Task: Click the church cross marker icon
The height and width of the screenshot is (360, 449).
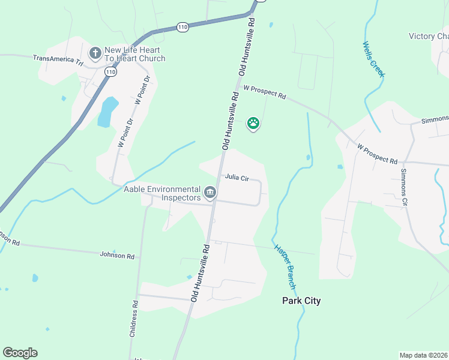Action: [95, 53]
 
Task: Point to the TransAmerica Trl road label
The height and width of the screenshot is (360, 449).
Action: [58, 59]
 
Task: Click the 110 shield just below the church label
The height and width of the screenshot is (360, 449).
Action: [110, 71]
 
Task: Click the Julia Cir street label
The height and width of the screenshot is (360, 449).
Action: [237, 177]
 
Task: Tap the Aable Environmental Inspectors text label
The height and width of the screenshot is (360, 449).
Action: [161, 193]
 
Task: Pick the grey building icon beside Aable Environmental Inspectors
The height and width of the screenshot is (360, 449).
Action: [210, 193]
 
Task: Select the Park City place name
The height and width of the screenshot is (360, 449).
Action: [301, 301]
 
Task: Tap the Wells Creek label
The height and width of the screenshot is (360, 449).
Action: [373, 59]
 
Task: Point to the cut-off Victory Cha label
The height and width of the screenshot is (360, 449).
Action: [429, 36]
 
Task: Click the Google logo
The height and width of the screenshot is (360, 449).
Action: [20, 353]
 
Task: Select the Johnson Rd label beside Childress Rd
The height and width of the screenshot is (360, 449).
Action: [117, 255]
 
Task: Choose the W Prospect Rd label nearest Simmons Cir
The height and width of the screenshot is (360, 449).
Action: [377, 154]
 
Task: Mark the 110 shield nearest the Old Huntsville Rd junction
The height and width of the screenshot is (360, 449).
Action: [183, 26]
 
